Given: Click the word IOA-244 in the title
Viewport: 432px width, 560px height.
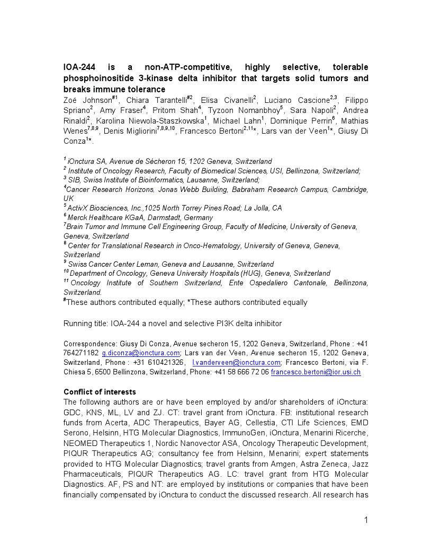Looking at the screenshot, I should click(x=79, y=67).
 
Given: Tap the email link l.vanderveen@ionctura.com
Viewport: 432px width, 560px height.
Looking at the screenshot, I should click(x=236, y=362).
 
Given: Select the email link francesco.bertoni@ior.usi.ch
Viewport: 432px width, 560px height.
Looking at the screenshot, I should click(x=316, y=372).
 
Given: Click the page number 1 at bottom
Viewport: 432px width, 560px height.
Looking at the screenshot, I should click(x=366, y=520).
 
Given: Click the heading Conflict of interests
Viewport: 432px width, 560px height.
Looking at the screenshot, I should click(x=100, y=392).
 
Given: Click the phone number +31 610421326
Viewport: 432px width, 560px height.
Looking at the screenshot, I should click(x=159, y=362).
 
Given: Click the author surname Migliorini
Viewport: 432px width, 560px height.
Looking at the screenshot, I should click(x=134, y=132).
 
